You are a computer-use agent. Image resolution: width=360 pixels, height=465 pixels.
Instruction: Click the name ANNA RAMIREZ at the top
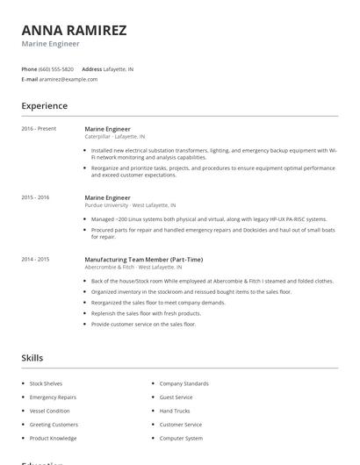pos(74,30)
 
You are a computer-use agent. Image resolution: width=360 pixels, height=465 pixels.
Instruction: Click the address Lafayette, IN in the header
pos(119,68)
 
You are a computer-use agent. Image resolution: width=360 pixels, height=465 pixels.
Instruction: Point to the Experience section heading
pos(44,106)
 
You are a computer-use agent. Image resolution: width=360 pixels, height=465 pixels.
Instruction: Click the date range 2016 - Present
pos(39,129)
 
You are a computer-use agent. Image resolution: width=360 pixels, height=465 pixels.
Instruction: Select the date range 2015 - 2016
pos(35,197)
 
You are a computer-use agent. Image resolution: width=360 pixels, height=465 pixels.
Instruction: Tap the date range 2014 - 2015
pos(35,259)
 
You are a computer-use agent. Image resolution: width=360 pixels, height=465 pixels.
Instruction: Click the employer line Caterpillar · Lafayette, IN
pos(115,137)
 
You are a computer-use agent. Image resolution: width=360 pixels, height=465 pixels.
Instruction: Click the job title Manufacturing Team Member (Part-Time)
pos(143,260)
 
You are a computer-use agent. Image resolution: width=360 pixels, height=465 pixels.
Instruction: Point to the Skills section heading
pos(32,358)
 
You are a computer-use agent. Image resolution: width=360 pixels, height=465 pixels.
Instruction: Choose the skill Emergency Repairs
pos(53,397)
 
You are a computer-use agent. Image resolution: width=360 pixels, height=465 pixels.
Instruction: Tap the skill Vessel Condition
pos(49,411)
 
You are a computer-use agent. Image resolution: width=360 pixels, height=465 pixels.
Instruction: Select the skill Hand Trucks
pos(175,411)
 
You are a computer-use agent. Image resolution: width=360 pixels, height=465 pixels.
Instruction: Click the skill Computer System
pos(181,438)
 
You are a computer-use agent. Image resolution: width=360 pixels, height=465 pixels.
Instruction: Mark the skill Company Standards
pos(184,383)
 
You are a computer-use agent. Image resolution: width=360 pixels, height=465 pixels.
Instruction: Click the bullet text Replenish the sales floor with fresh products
pos(146,313)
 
